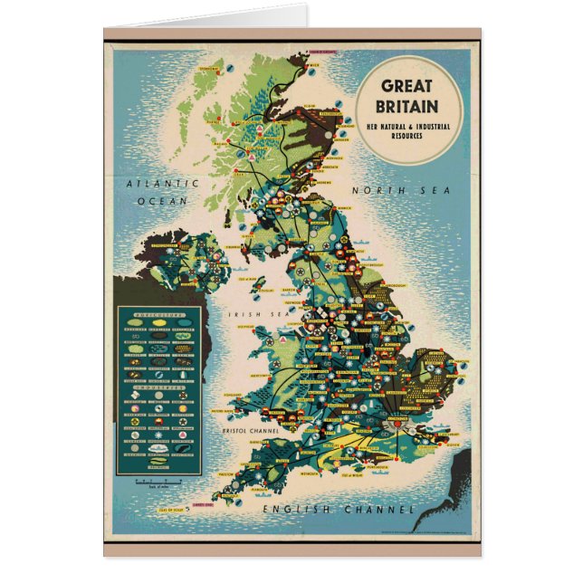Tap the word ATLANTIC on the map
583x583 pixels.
point(156,184)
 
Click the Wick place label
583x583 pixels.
point(323,74)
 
